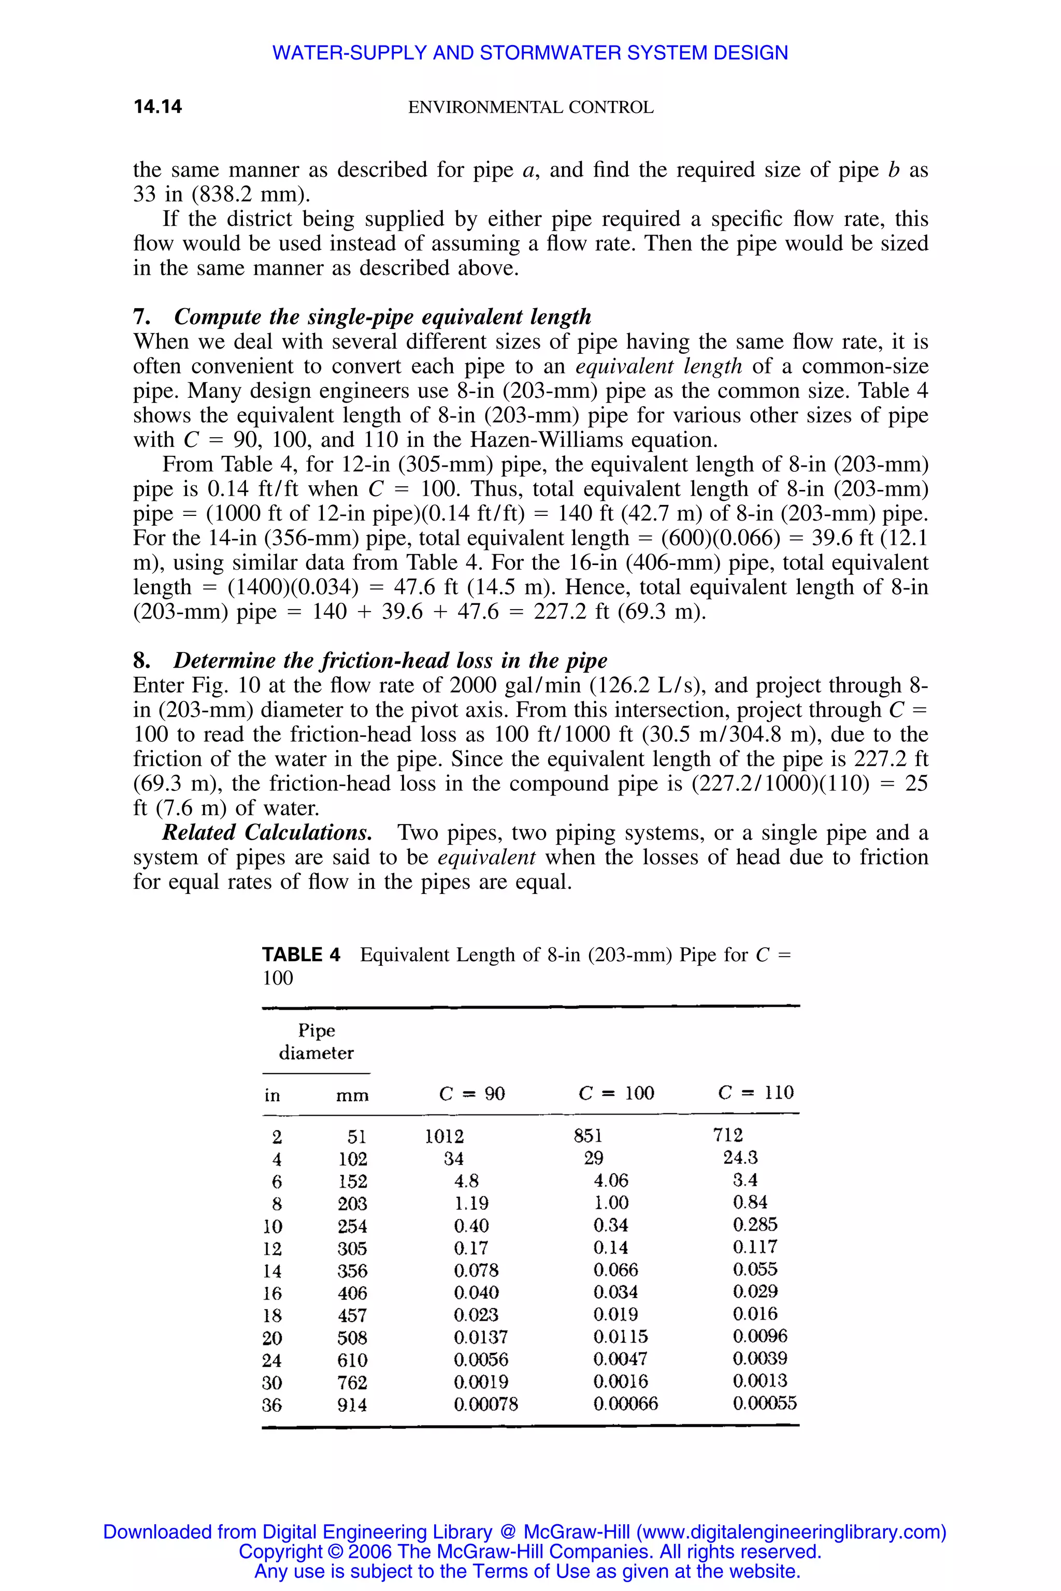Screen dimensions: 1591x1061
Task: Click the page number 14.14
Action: point(157,107)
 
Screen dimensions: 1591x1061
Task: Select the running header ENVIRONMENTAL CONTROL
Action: point(530,108)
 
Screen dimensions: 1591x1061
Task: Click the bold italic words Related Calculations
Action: point(267,832)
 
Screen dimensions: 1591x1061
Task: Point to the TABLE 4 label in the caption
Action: point(301,954)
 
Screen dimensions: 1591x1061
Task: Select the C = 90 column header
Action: point(471,1094)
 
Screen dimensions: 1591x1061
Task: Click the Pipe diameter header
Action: point(316,1041)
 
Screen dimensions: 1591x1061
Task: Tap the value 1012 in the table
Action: point(444,1136)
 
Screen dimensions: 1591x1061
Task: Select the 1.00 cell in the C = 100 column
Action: point(610,1203)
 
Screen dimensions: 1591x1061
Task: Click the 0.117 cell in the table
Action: point(754,1247)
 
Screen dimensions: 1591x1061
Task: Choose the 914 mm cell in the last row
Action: point(352,1405)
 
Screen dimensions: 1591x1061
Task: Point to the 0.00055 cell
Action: point(765,1403)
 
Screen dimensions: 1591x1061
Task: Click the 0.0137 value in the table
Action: point(480,1337)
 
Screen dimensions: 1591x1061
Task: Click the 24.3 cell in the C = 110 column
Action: point(740,1158)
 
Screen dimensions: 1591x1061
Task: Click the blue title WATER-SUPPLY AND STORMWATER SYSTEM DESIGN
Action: point(530,53)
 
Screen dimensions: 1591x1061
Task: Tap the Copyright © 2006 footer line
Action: point(530,1551)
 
